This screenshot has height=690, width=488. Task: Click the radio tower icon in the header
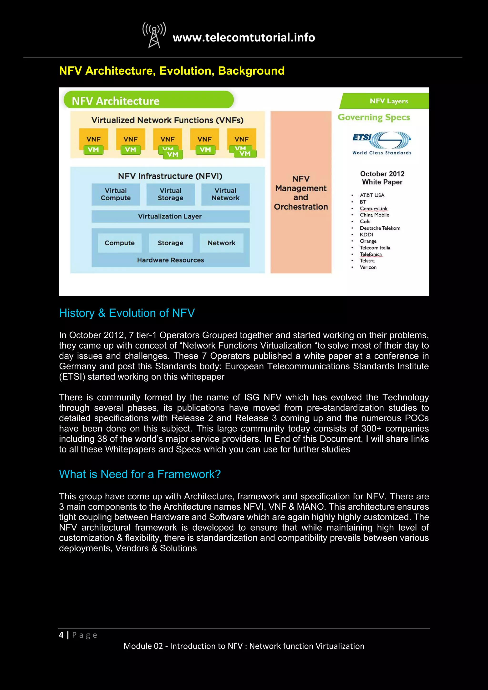pos(154,35)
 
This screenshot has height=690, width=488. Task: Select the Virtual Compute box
pos(116,194)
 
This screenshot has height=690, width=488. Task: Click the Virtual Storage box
pos(170,194)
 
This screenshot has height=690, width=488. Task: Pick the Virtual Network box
pos(225,194)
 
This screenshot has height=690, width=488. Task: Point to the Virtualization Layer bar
pos(170,216)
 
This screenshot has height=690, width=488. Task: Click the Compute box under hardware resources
pos(120,243)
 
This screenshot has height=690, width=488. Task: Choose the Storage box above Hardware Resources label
pos(170,243)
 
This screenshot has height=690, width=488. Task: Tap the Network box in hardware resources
pos(221,243)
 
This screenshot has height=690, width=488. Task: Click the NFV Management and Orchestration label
pos(301,193)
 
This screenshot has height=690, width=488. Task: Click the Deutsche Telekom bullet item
pos(380,228)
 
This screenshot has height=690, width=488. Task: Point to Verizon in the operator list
pos(368,267)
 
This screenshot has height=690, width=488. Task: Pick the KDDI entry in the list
pos(366,235)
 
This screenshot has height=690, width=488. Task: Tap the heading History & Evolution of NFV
pos(127,313)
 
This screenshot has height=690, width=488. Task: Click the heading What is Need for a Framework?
pos(140,474)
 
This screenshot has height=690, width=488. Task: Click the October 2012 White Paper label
pos(382,178)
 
